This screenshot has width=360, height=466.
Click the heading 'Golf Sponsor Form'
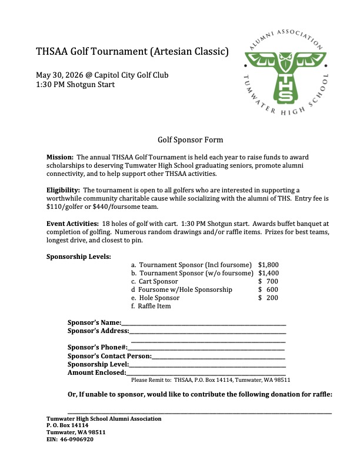[x=190, y=140]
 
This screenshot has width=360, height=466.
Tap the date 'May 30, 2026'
[x=61, y=75]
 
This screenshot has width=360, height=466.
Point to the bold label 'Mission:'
[x=60, y=158]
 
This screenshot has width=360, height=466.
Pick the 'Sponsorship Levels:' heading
[x=78, y=257]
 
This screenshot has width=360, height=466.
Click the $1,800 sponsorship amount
[x=268, y=265]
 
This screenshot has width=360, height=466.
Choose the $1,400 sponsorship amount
[x=268, y=273]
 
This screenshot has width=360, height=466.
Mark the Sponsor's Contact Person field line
[x=218, y=357]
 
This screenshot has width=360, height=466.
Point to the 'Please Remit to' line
[x=211, y=380]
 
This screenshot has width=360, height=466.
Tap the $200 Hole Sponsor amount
[x=268, y=298]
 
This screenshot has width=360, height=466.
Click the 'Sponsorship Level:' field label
[x=98, y=365]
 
